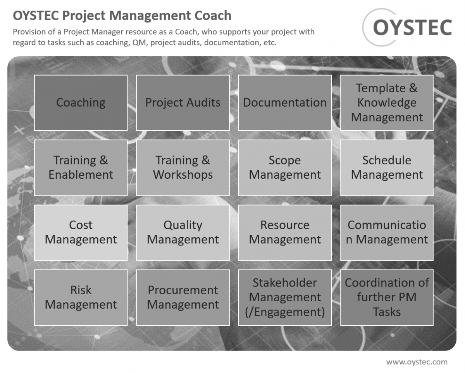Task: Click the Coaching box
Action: tap(81, 103)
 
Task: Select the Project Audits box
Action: tap(183, 103)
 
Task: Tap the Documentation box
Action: tap(285, 103)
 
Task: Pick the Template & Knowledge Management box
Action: tap(387, 103)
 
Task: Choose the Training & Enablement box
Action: tap(81, 168)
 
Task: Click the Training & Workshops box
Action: tap(183, 168)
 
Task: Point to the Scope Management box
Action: tap(285, 168)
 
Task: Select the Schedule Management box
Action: tap(387, 168)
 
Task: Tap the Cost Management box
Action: tap(81, 232)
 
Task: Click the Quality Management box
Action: tap(183, 232)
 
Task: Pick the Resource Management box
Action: tap(285, 232)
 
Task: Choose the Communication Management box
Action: tap(387, 232)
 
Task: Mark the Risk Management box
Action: tap(81, 297)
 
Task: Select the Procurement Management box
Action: tap(183, 297)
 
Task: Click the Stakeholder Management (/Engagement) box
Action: tap(285, 297)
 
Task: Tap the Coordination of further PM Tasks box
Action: tap(387, 297)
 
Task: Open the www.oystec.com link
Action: tap(417, 362)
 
